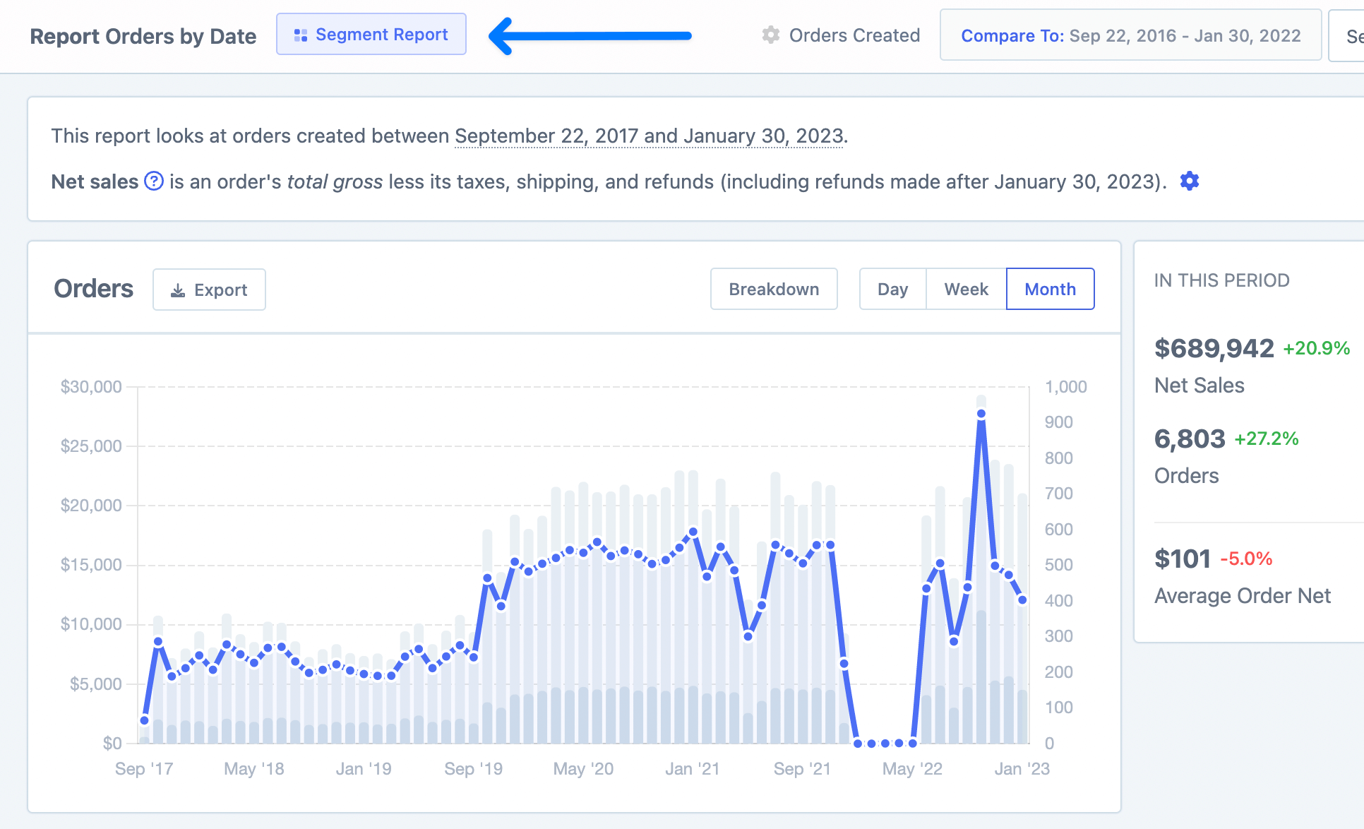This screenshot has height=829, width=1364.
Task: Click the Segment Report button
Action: (371, 35)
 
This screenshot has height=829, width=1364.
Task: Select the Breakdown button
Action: (774, 290)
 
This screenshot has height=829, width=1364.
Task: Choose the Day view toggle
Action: (892, 290)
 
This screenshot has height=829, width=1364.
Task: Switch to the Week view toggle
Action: (966, 290)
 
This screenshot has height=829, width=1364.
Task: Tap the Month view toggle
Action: (1050, 290)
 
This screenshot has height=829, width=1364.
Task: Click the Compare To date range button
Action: (1130, 35)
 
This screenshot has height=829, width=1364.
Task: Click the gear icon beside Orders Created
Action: (771, 35)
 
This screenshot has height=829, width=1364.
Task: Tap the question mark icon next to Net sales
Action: (154, 181)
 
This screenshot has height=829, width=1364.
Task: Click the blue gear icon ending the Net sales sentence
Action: (1190, 181)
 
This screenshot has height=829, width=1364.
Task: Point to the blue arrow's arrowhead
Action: (501, 36)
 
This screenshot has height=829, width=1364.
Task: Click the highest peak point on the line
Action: (981, 415)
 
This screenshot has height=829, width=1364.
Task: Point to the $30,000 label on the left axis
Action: (91, 387)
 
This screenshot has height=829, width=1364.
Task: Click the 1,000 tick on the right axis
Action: (1065, 387)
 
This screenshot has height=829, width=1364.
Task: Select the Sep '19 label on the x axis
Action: (473, 769)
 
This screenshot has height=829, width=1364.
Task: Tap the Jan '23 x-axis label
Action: (1022, 769)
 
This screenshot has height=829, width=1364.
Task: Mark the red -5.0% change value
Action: (1246, 559)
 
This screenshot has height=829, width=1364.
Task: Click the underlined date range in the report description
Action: (650, 136)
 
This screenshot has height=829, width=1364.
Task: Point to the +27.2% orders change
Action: (1266, 439)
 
